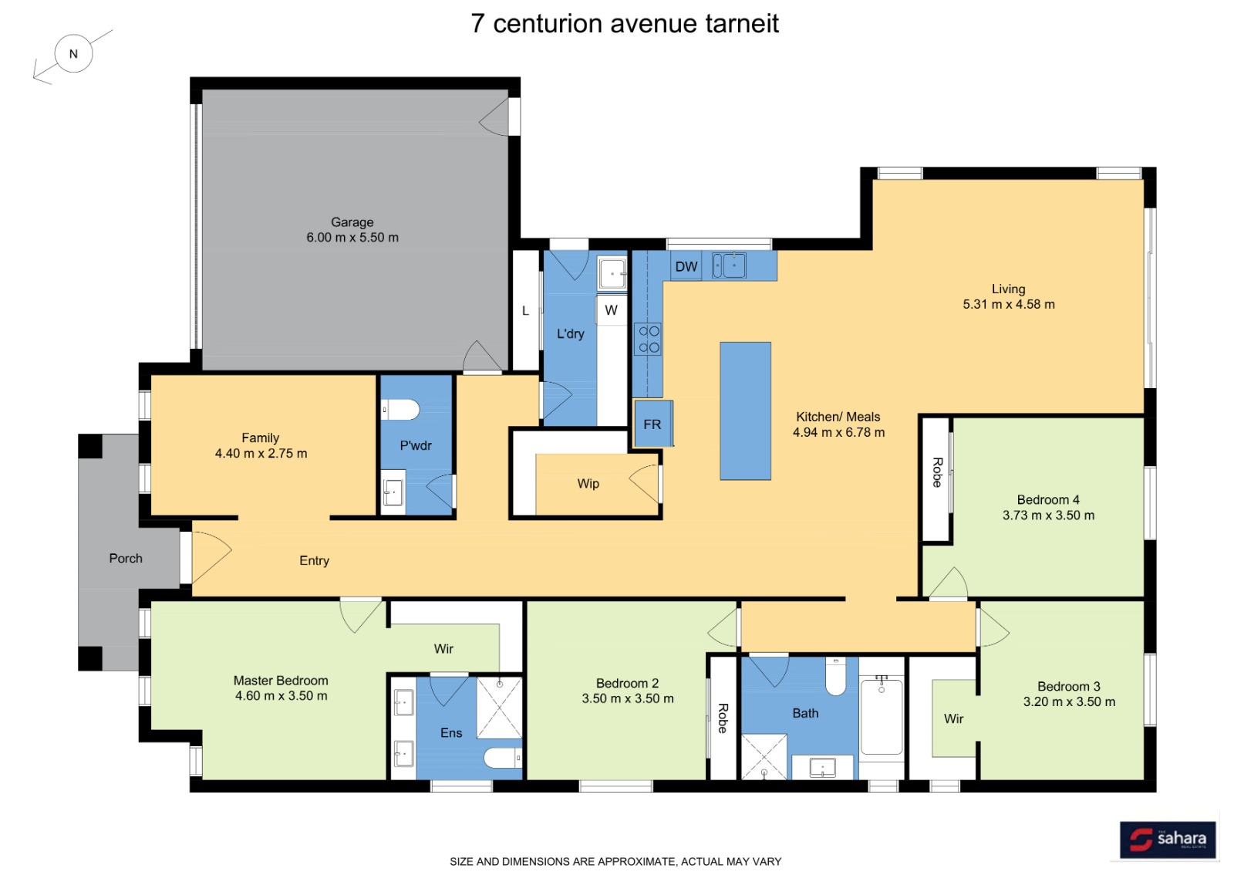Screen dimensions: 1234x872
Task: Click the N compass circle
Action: pyautogui.click(x=74, y=53)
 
